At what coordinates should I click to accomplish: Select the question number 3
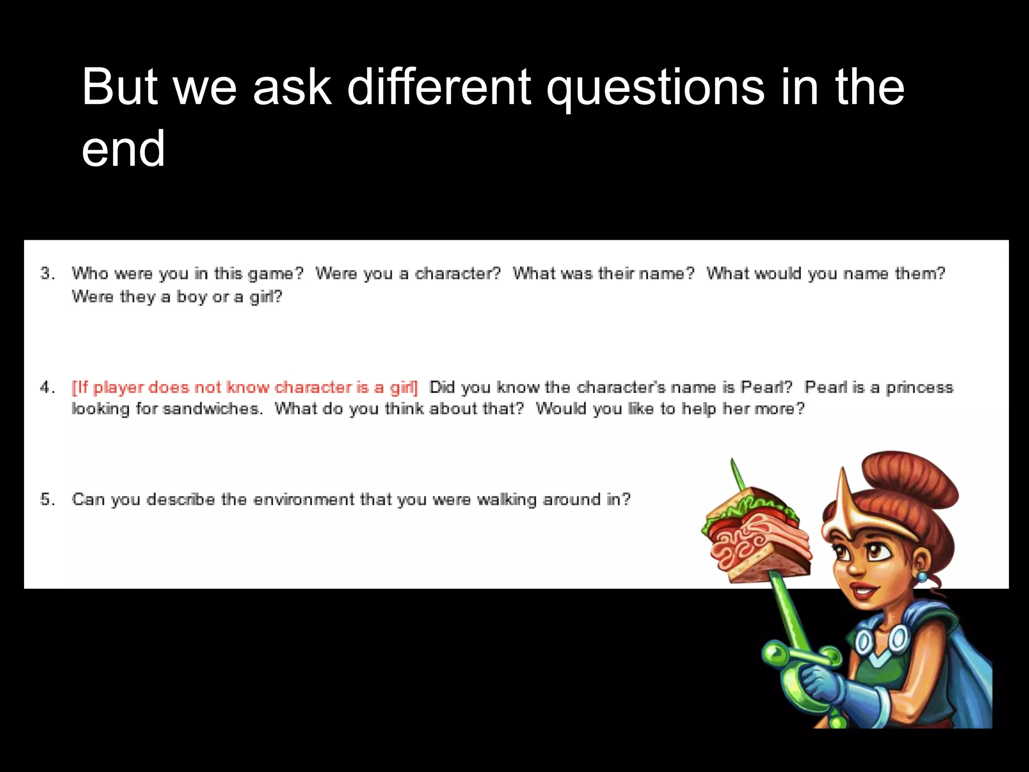tap(47, 273)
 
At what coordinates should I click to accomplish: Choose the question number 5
tap(47, 500)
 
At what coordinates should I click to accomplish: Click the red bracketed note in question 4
tap(245, 388)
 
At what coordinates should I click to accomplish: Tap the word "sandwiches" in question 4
tap(213, 409)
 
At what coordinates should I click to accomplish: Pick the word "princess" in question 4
tap(919, 388)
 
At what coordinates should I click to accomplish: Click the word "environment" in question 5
tap(304, 500)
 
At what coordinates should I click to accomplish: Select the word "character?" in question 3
tap(458, 273)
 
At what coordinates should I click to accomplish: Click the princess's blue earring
tap(922, 576)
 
